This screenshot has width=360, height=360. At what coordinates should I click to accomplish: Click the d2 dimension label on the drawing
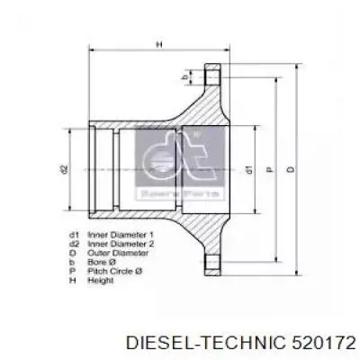(66, 168)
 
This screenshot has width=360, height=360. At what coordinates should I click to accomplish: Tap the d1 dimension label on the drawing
(246, 168)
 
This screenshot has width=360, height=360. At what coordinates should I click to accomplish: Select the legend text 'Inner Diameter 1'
(115, 234)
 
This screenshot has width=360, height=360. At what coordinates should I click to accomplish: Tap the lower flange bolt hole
(213, 260)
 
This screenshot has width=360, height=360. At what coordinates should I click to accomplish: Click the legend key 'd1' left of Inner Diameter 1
(71, 234)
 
